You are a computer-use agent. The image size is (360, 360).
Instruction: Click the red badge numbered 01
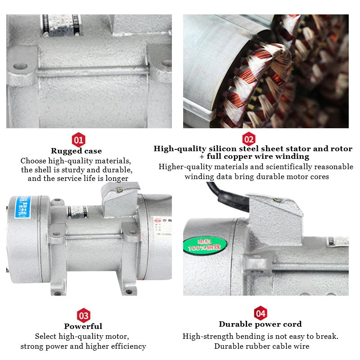click(79, 140)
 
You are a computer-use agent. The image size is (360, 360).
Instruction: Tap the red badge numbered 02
click(248, 139)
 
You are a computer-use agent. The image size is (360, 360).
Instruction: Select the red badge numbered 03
click(84, 315)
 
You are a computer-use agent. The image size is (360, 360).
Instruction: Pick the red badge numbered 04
click(261, 313)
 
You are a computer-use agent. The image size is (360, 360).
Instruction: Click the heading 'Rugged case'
click(76, 151)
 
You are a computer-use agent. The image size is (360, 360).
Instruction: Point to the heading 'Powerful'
click(83, 326)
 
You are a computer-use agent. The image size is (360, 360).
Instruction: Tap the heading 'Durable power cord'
click(260, 324)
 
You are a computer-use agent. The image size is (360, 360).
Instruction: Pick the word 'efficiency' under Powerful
click(128, 346)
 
